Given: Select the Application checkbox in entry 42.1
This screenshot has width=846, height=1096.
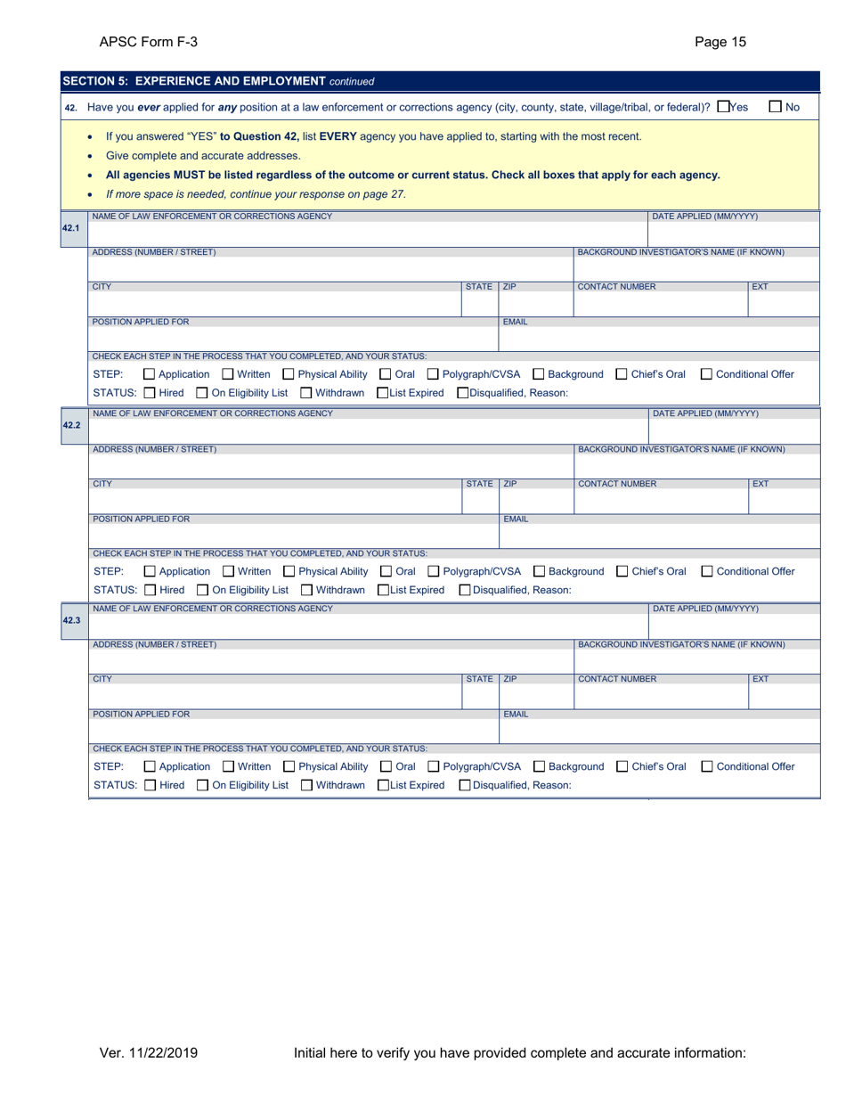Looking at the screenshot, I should [x=150, y=374].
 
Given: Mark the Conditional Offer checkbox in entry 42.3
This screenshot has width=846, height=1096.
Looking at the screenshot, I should [x=707, y=766].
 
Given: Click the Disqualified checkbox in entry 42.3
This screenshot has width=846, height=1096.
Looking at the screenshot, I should [x=464, y=785].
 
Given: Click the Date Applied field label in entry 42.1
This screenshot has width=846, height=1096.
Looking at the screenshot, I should [x=705, y=217].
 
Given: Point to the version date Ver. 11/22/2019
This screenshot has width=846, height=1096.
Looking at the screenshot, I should [x=148, y=1053].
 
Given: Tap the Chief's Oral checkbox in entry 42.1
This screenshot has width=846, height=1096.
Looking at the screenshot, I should [x=622, y=374].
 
